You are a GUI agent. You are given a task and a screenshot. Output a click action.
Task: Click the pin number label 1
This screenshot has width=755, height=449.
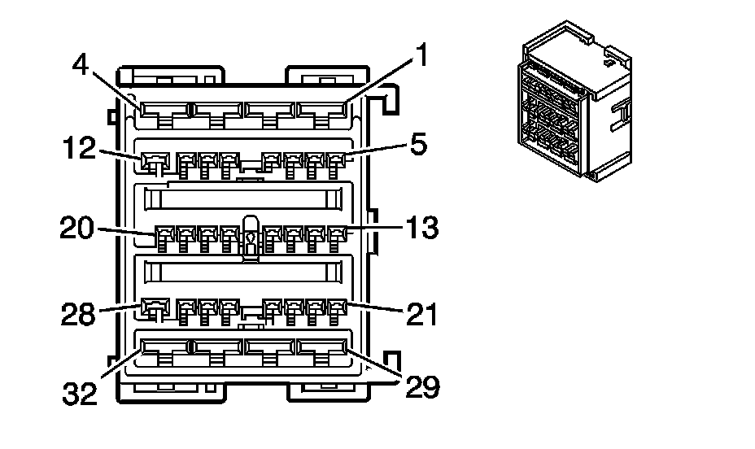tap(420, 55)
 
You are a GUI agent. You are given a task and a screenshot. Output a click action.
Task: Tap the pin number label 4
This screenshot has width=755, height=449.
tap(81, 64)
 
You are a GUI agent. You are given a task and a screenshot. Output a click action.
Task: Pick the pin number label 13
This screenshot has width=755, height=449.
tap(422, 228)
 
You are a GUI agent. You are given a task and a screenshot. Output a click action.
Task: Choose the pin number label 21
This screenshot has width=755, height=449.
tap(421, 312)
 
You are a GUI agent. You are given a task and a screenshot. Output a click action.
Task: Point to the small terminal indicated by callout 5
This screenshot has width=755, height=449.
tap(335, 159)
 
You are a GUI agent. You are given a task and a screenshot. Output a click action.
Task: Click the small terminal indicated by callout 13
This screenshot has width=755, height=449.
tap(335, 236)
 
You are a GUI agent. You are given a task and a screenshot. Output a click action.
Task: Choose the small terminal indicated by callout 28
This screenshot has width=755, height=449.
tap(151, 307)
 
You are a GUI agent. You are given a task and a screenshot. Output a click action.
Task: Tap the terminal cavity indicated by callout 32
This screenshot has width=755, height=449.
tap(162, 347)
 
